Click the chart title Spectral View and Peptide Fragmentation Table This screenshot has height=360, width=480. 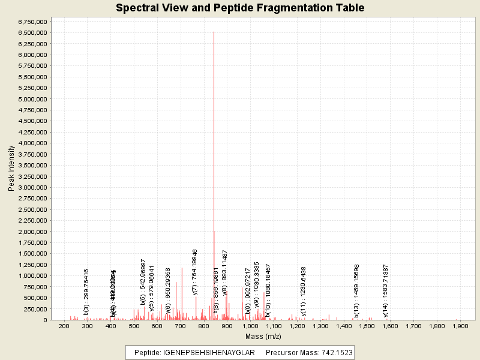(240, 8)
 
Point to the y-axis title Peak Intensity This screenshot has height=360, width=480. (11, 171)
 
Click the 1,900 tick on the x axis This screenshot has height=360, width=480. (460, 326)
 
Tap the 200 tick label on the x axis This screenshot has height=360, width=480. (64, 326)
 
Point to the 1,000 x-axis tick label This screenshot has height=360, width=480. (250, 326)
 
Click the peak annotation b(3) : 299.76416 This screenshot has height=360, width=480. (86, 292)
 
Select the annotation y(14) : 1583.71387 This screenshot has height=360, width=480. (386, 290)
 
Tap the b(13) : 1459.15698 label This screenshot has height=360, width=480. (356, 290)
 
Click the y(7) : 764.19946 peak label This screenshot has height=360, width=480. (195, 272)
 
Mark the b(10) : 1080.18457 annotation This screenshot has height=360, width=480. (268, 290)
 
